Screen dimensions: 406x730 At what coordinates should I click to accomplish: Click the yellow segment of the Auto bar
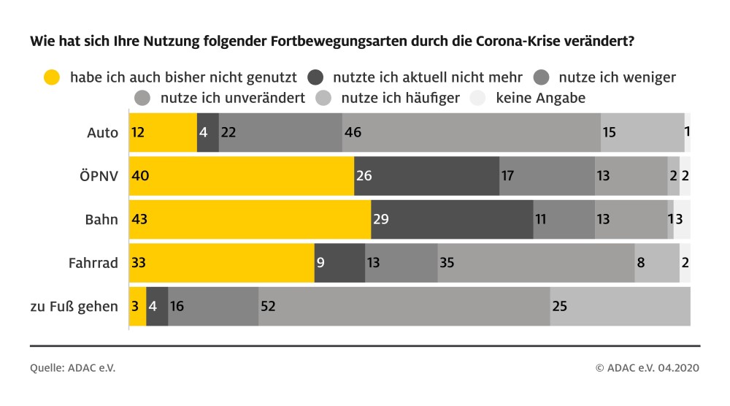(x=163, y=133)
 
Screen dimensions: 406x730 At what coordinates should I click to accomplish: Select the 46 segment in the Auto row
(x=471, y=133)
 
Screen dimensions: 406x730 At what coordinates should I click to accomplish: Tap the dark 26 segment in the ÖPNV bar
(x=426, y=176)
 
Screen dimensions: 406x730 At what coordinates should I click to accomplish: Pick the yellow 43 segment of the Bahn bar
(x=250, y=220)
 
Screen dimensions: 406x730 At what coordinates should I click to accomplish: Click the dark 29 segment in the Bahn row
(x=452, y=220)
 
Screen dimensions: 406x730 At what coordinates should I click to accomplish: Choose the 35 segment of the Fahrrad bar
(x=536, y=263)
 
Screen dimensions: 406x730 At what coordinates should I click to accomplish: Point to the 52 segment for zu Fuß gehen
(x=404, y=307)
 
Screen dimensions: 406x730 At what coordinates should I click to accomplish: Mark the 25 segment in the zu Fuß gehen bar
(x=620, y=307)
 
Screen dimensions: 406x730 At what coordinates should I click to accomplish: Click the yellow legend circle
(x=52, y=76)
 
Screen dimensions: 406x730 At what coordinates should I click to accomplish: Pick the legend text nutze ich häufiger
(x=400, y=97)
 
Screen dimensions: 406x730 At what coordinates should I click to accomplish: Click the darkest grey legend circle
(x=316, y=76)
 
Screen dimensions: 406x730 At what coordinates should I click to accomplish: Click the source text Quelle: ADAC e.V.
(x=72, y=368)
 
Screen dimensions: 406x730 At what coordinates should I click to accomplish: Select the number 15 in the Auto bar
(x=608, y=133)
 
